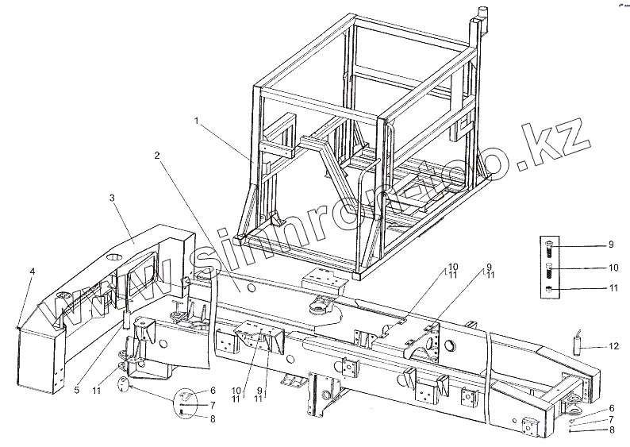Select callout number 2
point(158,156)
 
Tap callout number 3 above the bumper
point(113,195)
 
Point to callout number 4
point(32,272)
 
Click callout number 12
point(613,347)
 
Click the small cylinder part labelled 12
point(580,344)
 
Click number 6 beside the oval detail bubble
point(213,391)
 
